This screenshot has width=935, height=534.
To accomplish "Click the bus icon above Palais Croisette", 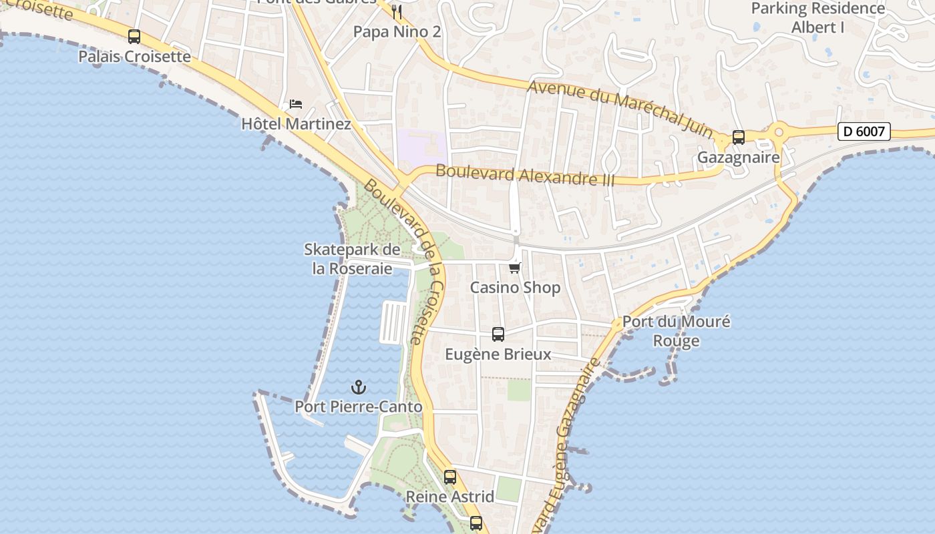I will tap(134, 37).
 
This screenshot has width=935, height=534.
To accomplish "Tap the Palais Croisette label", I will tap(134, 57).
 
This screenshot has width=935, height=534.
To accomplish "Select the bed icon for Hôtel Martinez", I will tap(296, 104).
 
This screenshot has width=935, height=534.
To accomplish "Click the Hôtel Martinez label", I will tap(296, 124).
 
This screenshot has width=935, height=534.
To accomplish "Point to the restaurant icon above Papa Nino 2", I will tap(397, 11).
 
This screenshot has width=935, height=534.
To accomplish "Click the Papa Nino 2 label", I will tap(397, 31).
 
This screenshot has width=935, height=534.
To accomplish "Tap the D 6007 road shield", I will tap(864, 131).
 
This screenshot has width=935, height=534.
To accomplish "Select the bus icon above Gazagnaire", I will tap(738, 138).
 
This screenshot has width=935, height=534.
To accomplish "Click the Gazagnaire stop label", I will tap(738, 158).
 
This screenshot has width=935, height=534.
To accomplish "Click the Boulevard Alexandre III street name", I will tap(525, 175).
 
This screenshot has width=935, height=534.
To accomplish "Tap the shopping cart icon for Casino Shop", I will tap(514, 268).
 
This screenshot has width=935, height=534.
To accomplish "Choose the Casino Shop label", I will tap(515, 288).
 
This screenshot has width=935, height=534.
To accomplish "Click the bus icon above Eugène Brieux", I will tap(498, 334).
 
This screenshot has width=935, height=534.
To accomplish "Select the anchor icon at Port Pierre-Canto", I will tap(359, 387).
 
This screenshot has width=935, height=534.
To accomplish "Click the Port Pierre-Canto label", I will tap(359, 407).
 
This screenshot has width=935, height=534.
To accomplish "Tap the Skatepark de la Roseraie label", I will tap(352, 259).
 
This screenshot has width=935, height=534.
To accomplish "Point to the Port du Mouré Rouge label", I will tap(676, 331).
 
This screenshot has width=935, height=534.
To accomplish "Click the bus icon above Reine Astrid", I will tap(450, 477).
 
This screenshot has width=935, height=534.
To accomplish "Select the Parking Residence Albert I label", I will tap(817, 18).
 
